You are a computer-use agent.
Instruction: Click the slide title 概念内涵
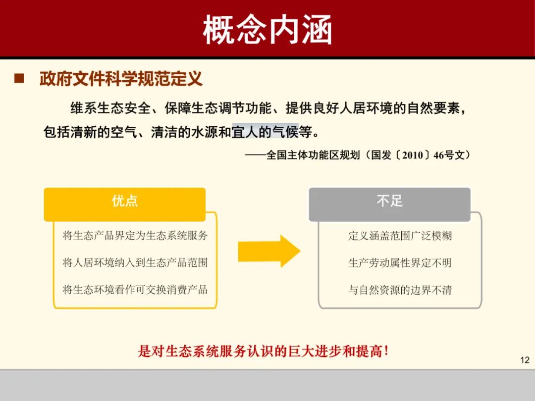pos(267,30)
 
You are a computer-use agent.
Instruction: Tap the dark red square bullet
pos(19,78)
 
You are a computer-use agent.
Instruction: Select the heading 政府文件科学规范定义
pos(121,78)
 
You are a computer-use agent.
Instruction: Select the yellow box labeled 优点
pos(125,201)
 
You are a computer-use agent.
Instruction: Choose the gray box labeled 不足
pos(390,201)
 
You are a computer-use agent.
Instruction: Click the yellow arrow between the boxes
pos(268,251)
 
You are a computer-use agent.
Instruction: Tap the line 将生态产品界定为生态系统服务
pos(135,236)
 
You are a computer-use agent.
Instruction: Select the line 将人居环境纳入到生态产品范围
pos(135,262)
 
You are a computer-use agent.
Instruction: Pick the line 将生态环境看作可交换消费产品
pos(135,290)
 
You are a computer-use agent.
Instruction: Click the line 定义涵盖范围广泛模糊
pos(400,236)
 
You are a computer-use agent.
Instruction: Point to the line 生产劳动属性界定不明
pos(400,262)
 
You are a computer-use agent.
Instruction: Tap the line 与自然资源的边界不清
pos(400,290)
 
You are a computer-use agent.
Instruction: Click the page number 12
pos(525,360)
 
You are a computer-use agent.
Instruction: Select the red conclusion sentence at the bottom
pos(263,351)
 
